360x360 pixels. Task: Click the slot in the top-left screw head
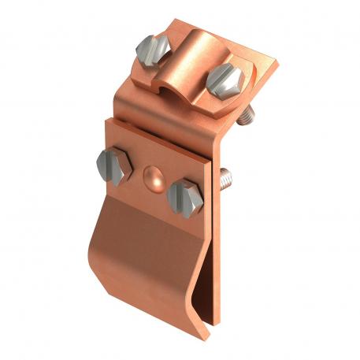click(152, 50)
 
